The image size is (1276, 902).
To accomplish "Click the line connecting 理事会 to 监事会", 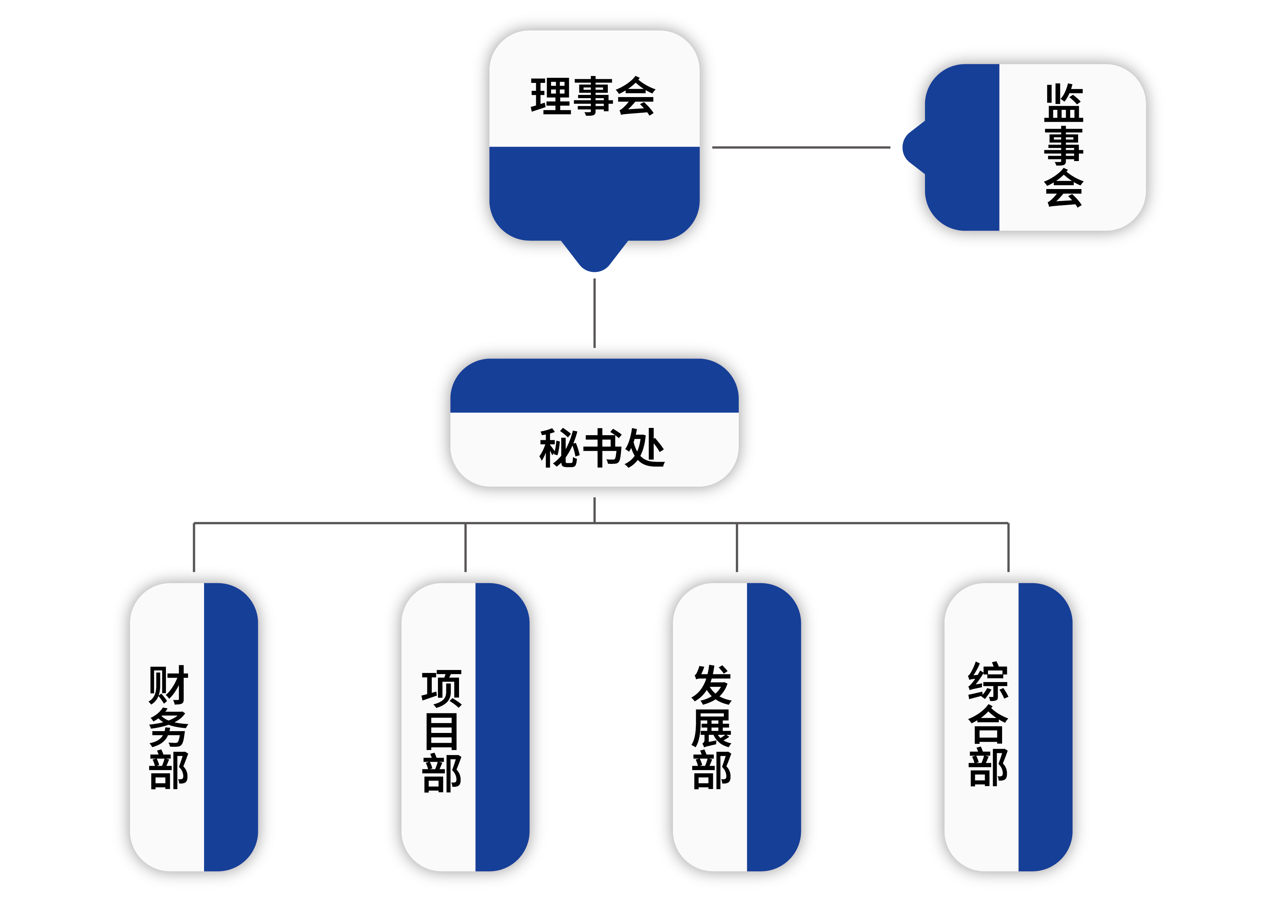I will point(800,147).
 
